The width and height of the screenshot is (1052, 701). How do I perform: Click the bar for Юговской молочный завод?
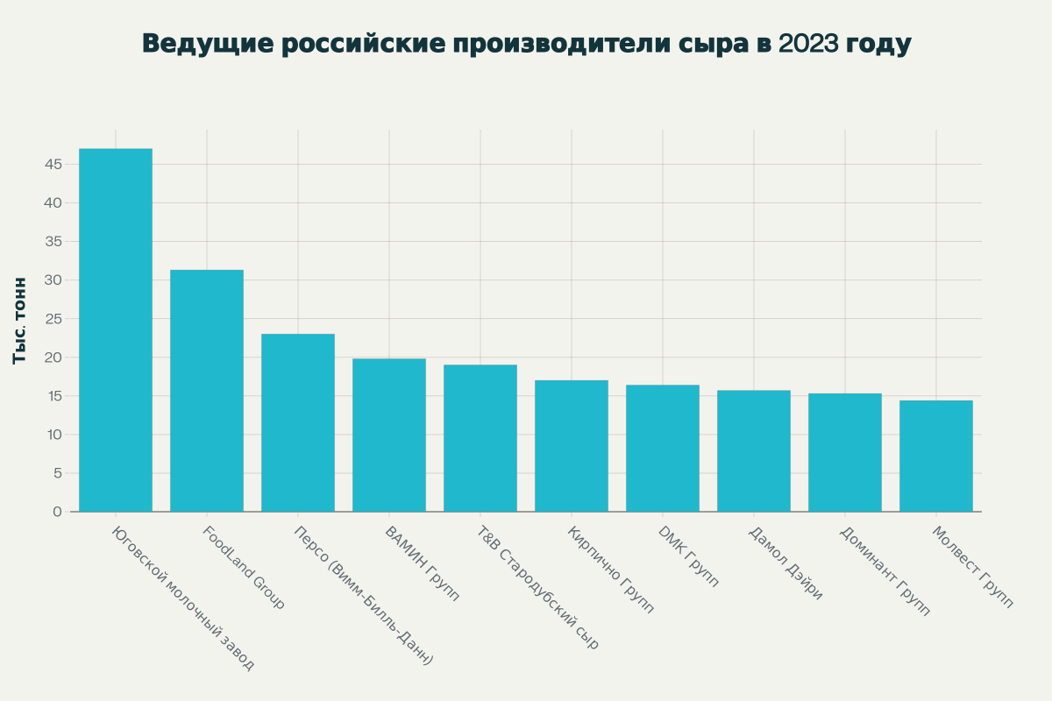pyautogui.click(x=116, y=330)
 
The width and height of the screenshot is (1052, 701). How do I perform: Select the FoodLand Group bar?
pyautogui.click(x=207, y=391)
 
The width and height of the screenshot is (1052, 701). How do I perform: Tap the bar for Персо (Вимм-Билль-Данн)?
pyautogui.click(x=298, y=422)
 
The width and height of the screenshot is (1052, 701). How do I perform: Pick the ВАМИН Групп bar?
pyautogui.click(x=389, y=435)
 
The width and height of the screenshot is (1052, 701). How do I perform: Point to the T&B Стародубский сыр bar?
pyautogui.click(x=480, y=438)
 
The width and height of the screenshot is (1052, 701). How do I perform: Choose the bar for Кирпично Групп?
pyautogui.click(x=572, y=446)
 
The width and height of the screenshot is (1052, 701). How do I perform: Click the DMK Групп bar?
pyautogui.click(x=663, y=449)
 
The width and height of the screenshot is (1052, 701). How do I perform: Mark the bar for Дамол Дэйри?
pyautogui.click(x=754, y=451)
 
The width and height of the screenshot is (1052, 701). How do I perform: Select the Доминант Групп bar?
pyautogui.click(x=845, y=453)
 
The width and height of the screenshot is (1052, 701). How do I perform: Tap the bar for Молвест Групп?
pyautogui.click(x=936, y=457)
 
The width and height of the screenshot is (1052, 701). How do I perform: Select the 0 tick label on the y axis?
pyautogui.click(x=57, y=512)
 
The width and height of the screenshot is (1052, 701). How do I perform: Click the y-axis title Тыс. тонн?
pyautogui.click(x=20, y=320)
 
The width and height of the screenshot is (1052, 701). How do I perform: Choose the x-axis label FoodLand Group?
pyautogui.click(x=244, y=568)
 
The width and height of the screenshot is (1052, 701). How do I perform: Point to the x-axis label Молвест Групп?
pyautogui.click(x=972, y=568)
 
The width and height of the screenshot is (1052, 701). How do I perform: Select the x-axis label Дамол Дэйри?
pyautogui.click(x=786, y=563)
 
